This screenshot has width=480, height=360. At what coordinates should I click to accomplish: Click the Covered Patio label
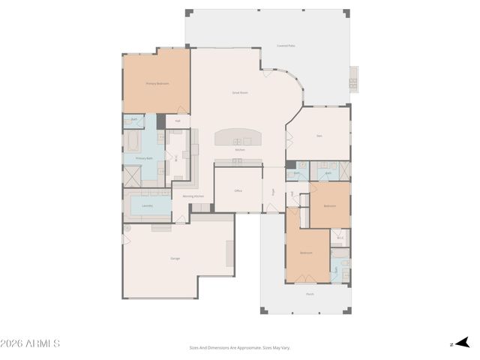pyautogui.click(x=285, y=46)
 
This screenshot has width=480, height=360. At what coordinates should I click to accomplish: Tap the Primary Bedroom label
pyautogui.click(x=157, y=83)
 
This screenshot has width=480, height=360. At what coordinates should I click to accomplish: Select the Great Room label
pyautogui.click(x=239, y=92)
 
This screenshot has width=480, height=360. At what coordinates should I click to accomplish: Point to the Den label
pyautogui.click(x=319, y=136)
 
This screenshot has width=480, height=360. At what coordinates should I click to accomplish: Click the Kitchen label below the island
pyautogui.click(x=239, y=150)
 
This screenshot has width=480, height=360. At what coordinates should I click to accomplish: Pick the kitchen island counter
pyautogui.click(x=239, y=137)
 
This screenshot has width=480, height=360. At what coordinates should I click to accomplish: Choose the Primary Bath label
pyautogui.click(x=144, y=159)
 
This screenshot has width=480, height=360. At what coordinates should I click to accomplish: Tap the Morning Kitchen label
pyautogui.click(x=193, y=196)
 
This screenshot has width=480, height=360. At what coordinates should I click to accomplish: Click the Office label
pyautogui.click(x=238, y=190)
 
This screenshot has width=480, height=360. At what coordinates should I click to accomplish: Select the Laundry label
pyautogui.click(x=148, y=205)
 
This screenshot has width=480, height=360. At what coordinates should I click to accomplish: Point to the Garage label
pyautogui.click(x=175, y=258)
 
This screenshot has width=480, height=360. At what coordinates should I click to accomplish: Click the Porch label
pyautogui.click(x=310, y=294)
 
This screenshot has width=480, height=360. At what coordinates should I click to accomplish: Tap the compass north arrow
pyautogui.click(x=462, y=343)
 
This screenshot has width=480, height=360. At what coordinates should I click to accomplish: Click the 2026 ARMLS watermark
pyautogui.click(x=31, y=343)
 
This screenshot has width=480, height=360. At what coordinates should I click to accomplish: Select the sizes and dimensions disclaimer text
pyautogui.click(x=239, y=347)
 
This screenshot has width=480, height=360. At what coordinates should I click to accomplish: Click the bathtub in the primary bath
pyautogui.click(x=132, y=142)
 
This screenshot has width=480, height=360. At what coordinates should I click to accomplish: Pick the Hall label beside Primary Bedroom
pyautogui.click(x=178, y=120)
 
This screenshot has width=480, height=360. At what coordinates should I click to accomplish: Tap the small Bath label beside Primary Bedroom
pyautogui.click(x=135, y=119)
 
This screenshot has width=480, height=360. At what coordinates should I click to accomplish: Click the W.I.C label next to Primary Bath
pyautogui.click(x=176, y=158)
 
